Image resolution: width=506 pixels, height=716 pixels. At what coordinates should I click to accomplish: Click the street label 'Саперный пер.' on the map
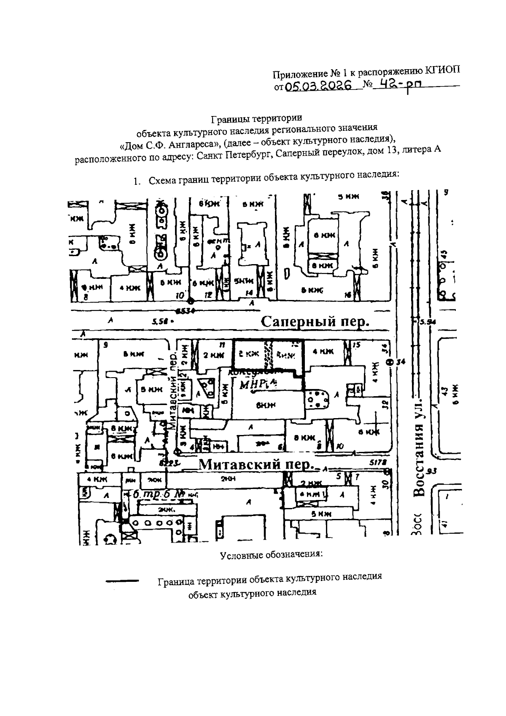coord(315,323)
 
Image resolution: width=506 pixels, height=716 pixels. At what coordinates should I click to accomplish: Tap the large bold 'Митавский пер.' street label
coord(257,465)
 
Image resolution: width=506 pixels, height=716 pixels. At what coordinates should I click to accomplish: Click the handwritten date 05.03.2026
coord(319,86)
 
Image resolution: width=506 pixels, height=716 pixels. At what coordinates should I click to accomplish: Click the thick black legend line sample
coord(122,581)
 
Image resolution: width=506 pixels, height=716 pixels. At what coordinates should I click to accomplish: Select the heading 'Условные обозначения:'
coord(272,554)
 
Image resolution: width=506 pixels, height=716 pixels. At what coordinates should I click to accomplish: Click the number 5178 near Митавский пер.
coord(378,462)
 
